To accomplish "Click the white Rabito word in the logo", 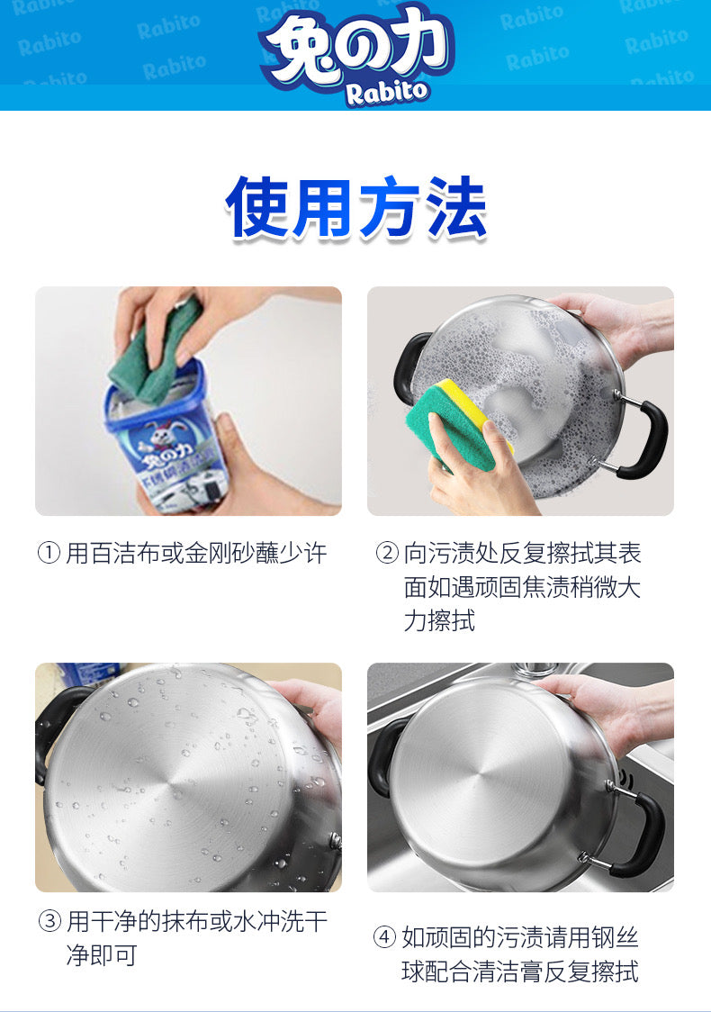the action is (386, 93).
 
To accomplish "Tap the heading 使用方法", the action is (355, 208).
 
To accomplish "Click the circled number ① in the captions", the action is (49, 553).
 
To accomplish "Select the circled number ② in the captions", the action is (387, 553).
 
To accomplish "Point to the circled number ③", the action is (49, 921).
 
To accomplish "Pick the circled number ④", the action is (384, 936).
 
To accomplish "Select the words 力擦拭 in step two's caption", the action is (440, 621).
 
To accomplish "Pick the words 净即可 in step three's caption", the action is (102, 955).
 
